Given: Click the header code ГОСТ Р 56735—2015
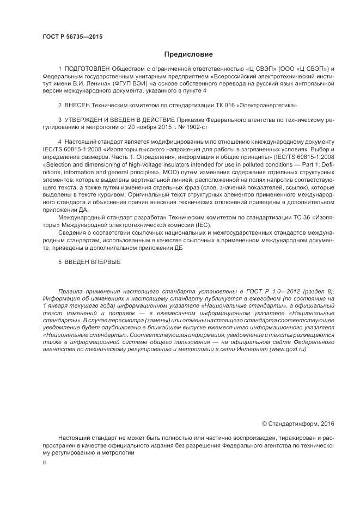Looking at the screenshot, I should coord(72,36).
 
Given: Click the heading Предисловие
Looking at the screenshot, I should coord(189,54).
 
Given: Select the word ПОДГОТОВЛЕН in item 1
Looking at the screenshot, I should coord(87,69).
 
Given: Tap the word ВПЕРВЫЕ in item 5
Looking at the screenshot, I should coord(103,262).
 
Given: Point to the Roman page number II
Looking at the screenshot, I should coord(44,462).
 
